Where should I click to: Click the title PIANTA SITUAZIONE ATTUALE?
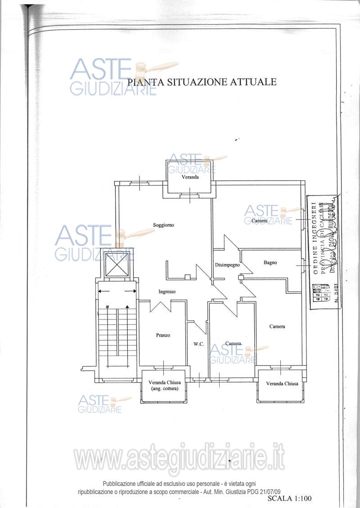[202, 82]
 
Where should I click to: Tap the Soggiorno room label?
[163, 225]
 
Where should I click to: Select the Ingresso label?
[167, 292]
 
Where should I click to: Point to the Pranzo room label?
[163, 335]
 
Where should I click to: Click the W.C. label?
[199, 344]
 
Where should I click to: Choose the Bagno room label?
[270, 262]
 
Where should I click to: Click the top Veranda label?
[190, 178]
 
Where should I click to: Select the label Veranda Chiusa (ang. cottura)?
[164, 386]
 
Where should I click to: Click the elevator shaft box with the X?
[119, 265]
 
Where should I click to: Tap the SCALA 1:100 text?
[289, 499]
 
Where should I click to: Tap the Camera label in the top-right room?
[260, 221]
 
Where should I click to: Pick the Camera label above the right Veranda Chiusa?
[277, 327]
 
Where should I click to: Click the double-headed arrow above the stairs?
[117, 291]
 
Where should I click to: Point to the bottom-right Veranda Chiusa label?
[282, 384]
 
